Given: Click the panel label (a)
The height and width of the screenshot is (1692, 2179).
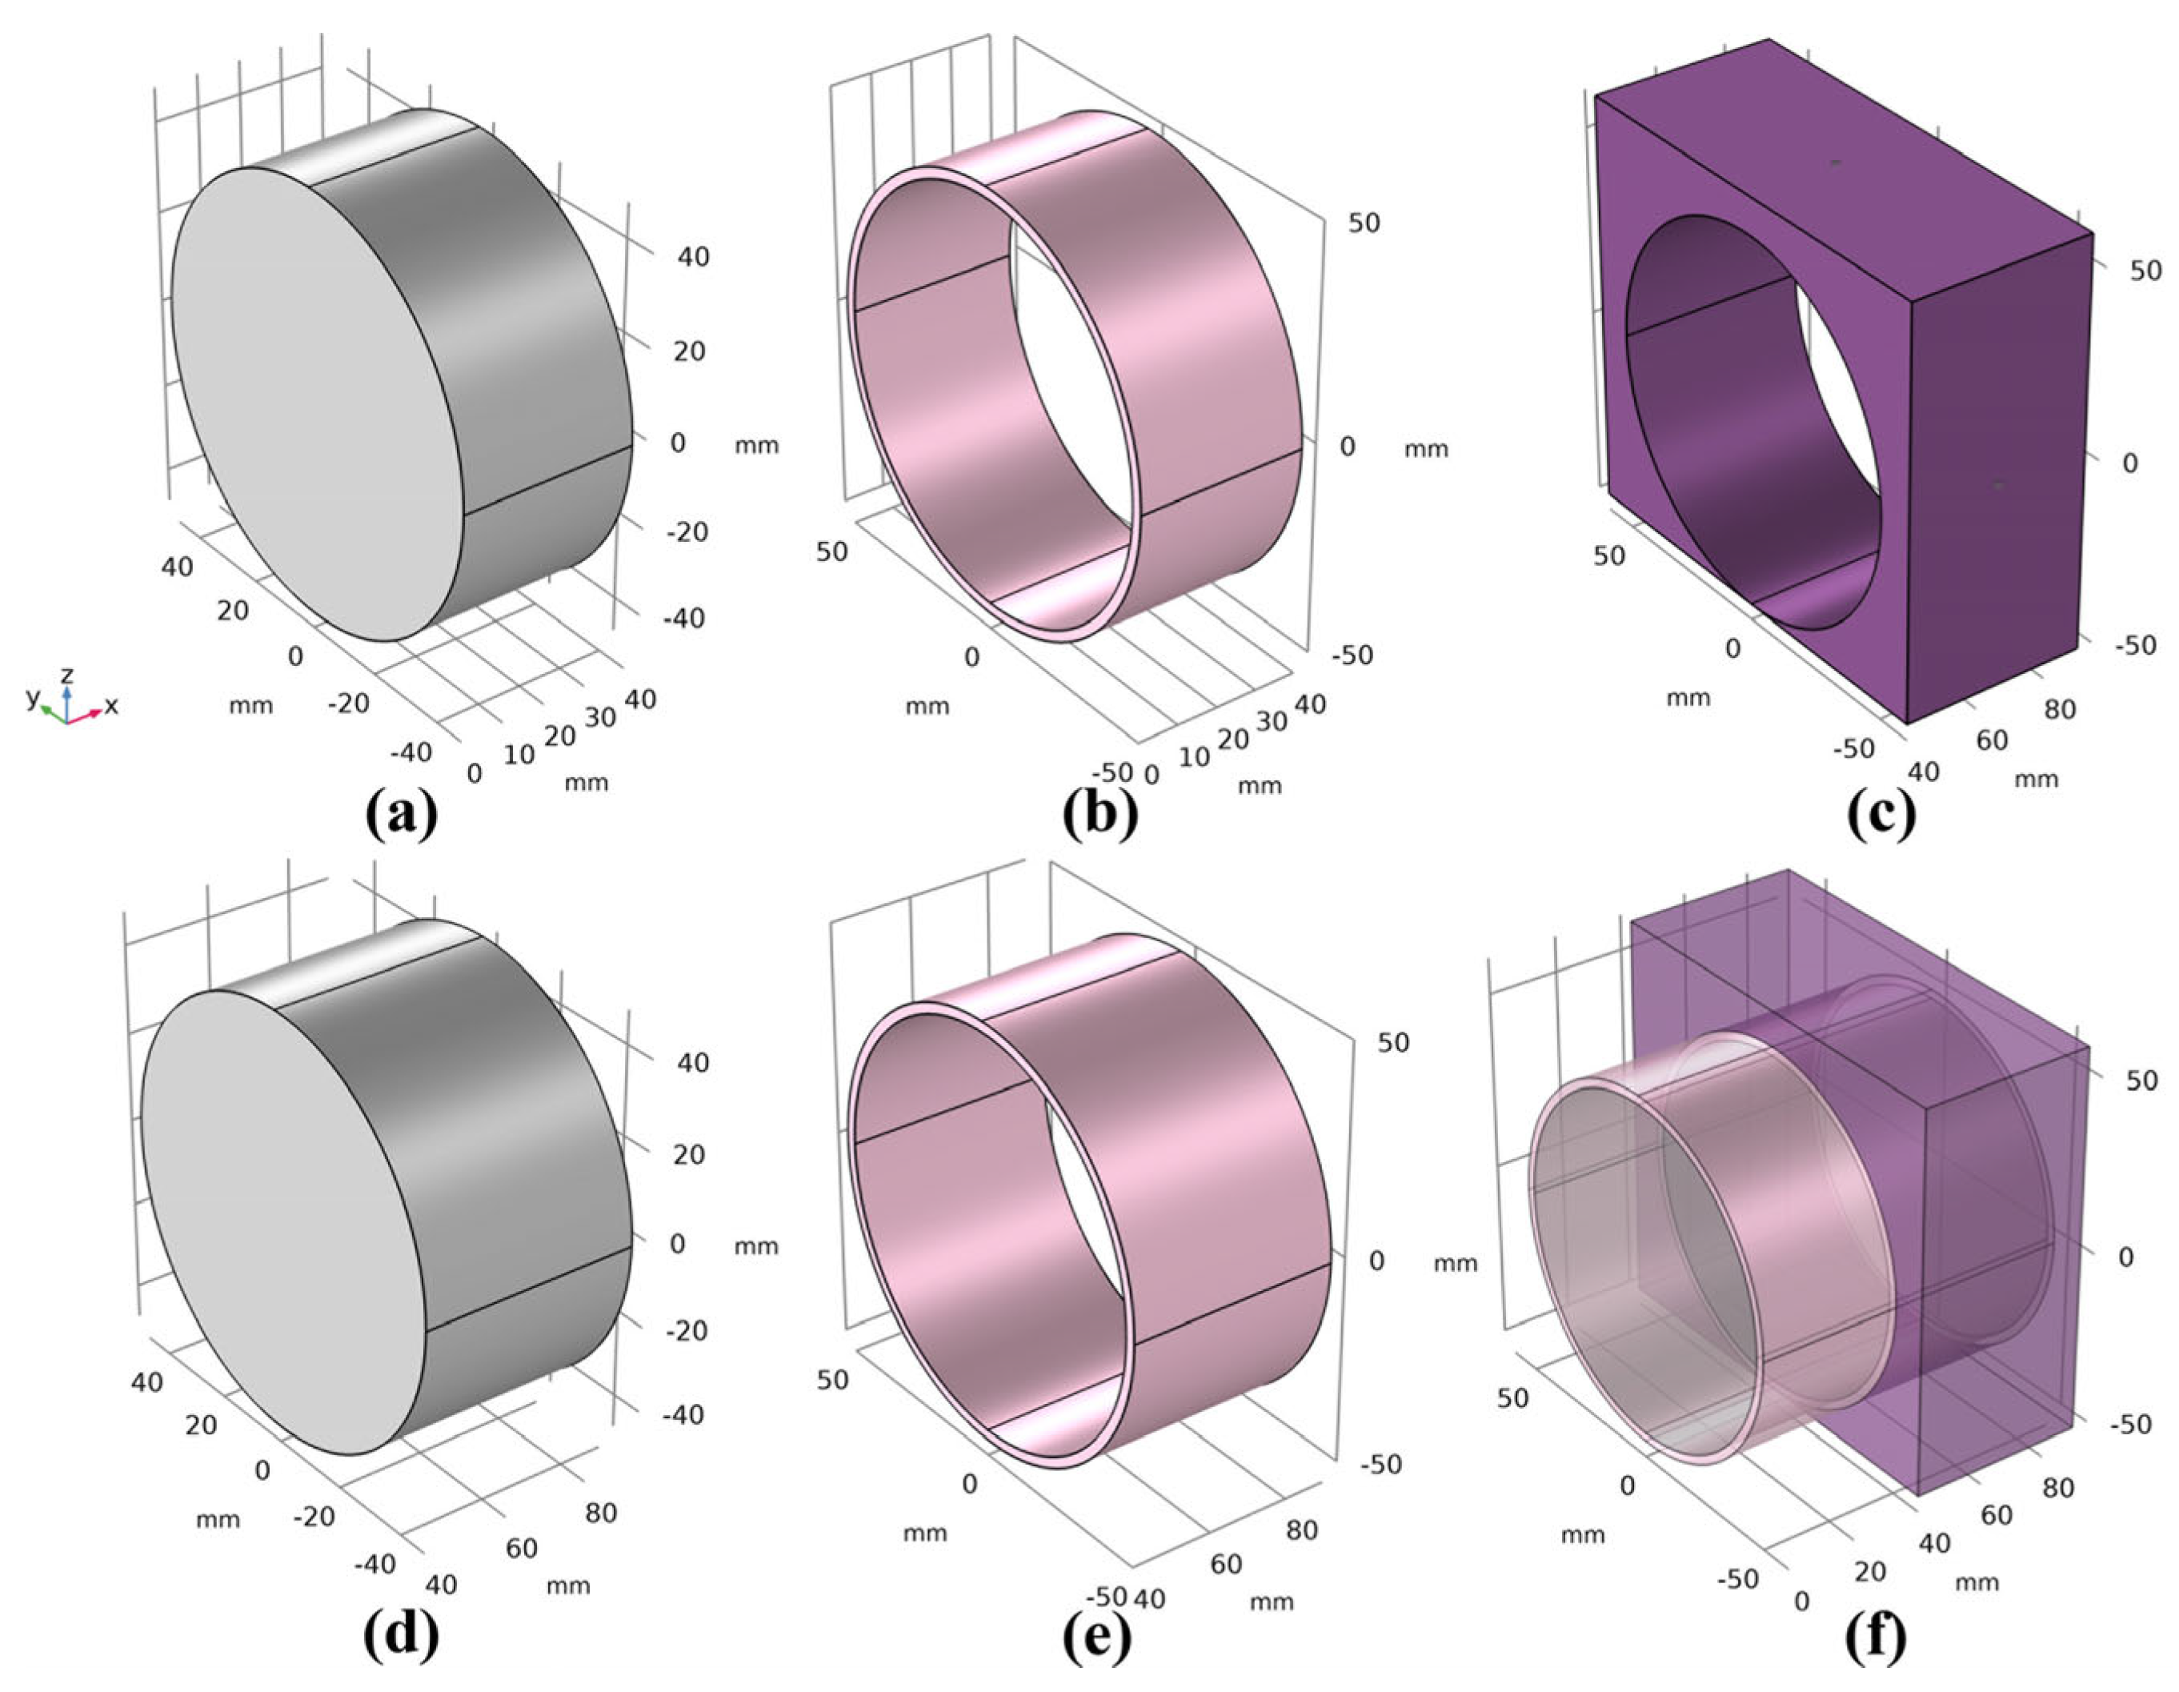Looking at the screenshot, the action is (x=401, y=814).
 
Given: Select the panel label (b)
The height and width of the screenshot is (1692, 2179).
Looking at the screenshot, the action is (x=1100, y=814).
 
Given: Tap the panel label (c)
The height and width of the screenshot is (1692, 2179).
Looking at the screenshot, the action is (x=1881, y=814).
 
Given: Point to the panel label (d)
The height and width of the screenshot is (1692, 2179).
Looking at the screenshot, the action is (x=401, y=1636).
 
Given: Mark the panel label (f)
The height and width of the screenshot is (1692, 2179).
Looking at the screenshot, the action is (x=1876, y=1636).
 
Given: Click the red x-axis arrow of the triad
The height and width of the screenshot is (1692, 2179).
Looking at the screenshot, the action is (x=85, y=714).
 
